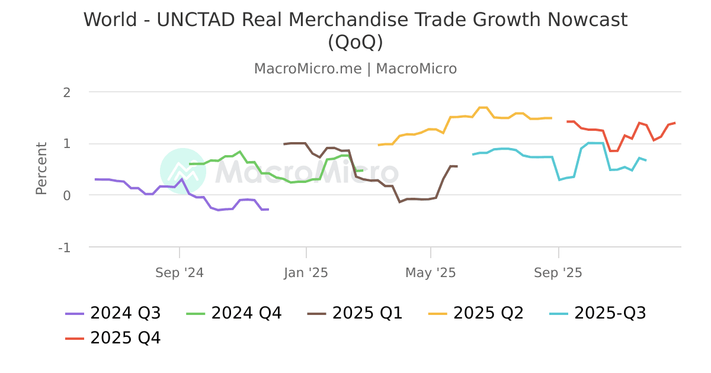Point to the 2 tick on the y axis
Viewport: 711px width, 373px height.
coord(67,92)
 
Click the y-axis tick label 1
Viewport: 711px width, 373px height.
coord(67,144)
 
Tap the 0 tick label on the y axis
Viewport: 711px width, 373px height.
coord(67,195)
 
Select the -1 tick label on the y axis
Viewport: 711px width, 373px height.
coord(65,247)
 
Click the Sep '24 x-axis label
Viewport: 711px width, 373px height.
coord(180,273)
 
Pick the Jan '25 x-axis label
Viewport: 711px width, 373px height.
coord(306,273)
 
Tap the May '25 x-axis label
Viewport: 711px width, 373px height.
coord(431,273)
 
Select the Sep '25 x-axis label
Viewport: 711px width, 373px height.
coord(558,273)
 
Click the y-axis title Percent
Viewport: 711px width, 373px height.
coord(41,168)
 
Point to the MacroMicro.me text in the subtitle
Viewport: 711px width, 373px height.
coord(308,69)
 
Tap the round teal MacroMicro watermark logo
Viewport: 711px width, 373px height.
coord(182,171)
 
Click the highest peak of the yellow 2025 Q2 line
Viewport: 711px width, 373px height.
coord(483,107)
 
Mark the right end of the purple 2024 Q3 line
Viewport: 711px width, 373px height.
coord(268,209)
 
